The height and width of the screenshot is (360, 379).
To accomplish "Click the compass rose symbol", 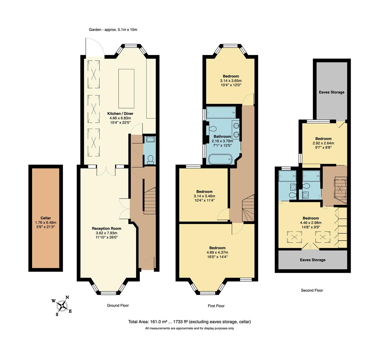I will point(62,305).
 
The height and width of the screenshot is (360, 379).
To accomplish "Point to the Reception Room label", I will point(106,228).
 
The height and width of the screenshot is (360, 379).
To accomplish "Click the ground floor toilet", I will point(150,159).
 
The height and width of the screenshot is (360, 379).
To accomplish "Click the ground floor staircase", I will point(150,200).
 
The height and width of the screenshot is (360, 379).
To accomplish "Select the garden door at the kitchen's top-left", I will point(95,48).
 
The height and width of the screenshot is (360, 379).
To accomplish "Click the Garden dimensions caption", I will point(113,30).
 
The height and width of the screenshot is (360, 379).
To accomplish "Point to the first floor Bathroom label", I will point(222,137).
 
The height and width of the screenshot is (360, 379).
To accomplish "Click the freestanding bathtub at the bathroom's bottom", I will point(220,159).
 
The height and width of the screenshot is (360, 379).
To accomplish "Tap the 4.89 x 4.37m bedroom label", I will point(217,248).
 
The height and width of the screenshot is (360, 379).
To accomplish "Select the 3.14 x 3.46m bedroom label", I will point(204,192).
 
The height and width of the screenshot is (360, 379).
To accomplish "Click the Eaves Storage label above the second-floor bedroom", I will point(331,92).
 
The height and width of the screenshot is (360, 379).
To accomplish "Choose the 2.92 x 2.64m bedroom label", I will point(323,139).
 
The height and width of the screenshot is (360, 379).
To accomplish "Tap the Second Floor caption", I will point(312,290).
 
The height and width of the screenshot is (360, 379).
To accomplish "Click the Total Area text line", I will point(189,322).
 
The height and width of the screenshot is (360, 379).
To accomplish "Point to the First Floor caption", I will point(216,306).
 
